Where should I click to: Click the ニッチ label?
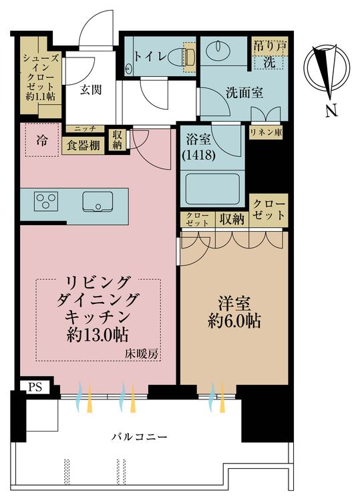tap(83, 129)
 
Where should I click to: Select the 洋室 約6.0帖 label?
tap(230, 311)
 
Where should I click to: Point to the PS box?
tap(33, 386)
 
